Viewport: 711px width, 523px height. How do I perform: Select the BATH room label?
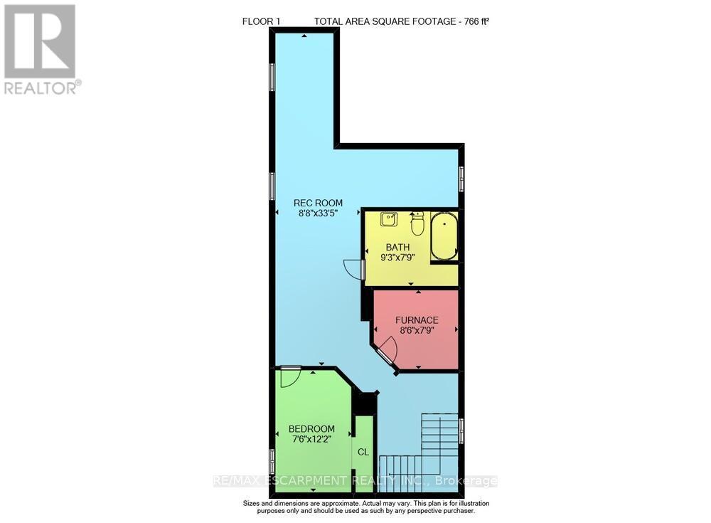coord(397,248)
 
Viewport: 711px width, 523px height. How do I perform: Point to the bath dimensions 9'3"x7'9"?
coord(397,258)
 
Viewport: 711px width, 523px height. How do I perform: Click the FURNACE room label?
coord(417,320)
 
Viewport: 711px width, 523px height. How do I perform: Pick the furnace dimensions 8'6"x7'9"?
coord(417,330)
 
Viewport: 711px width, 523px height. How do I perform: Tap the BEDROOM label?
coord(311,428)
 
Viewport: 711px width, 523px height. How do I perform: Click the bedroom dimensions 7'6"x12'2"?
coord(311,439)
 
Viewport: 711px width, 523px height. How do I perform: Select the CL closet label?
coord(363,452)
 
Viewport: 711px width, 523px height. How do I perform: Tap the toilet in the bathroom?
coord(417,222)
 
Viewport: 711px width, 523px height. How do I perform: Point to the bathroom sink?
coord(388,219)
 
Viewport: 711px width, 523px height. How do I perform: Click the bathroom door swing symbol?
coord(353,269)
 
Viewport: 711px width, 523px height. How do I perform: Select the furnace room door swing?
coord(386,349)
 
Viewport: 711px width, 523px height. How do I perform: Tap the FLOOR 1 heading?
coord(261,21)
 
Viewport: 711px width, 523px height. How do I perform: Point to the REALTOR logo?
coord(40,49)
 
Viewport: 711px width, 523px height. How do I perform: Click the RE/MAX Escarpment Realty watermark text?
coord(355,481)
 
